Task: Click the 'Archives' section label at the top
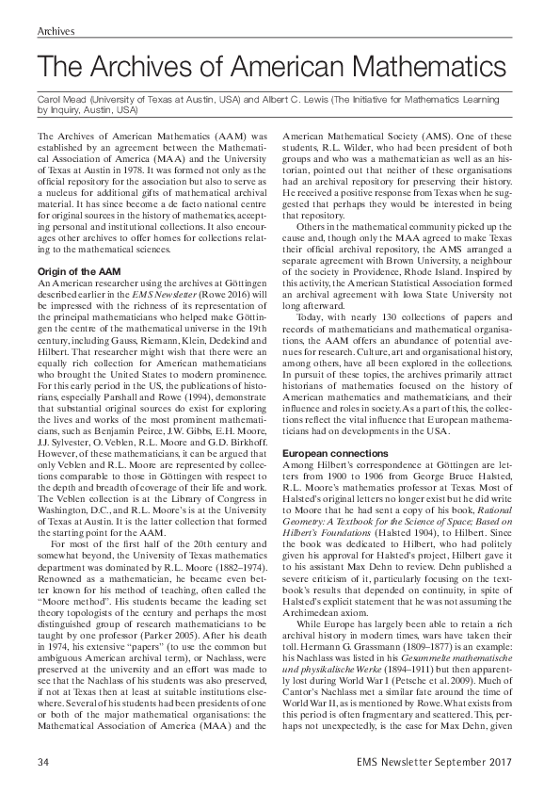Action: (56, 31)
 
